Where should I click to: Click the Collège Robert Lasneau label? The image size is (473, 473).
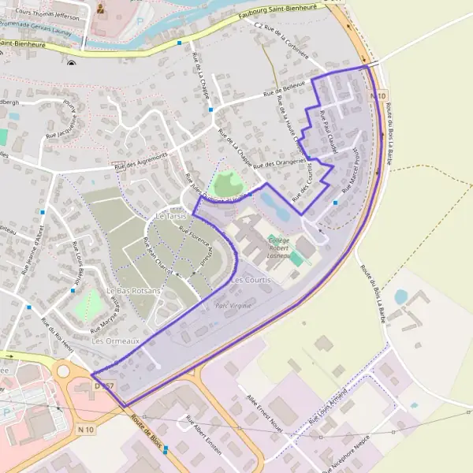click(x=285, y=248)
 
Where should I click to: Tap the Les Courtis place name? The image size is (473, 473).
click(x=251, y=280)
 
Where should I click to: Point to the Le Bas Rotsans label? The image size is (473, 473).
click(x=139, y=291)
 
